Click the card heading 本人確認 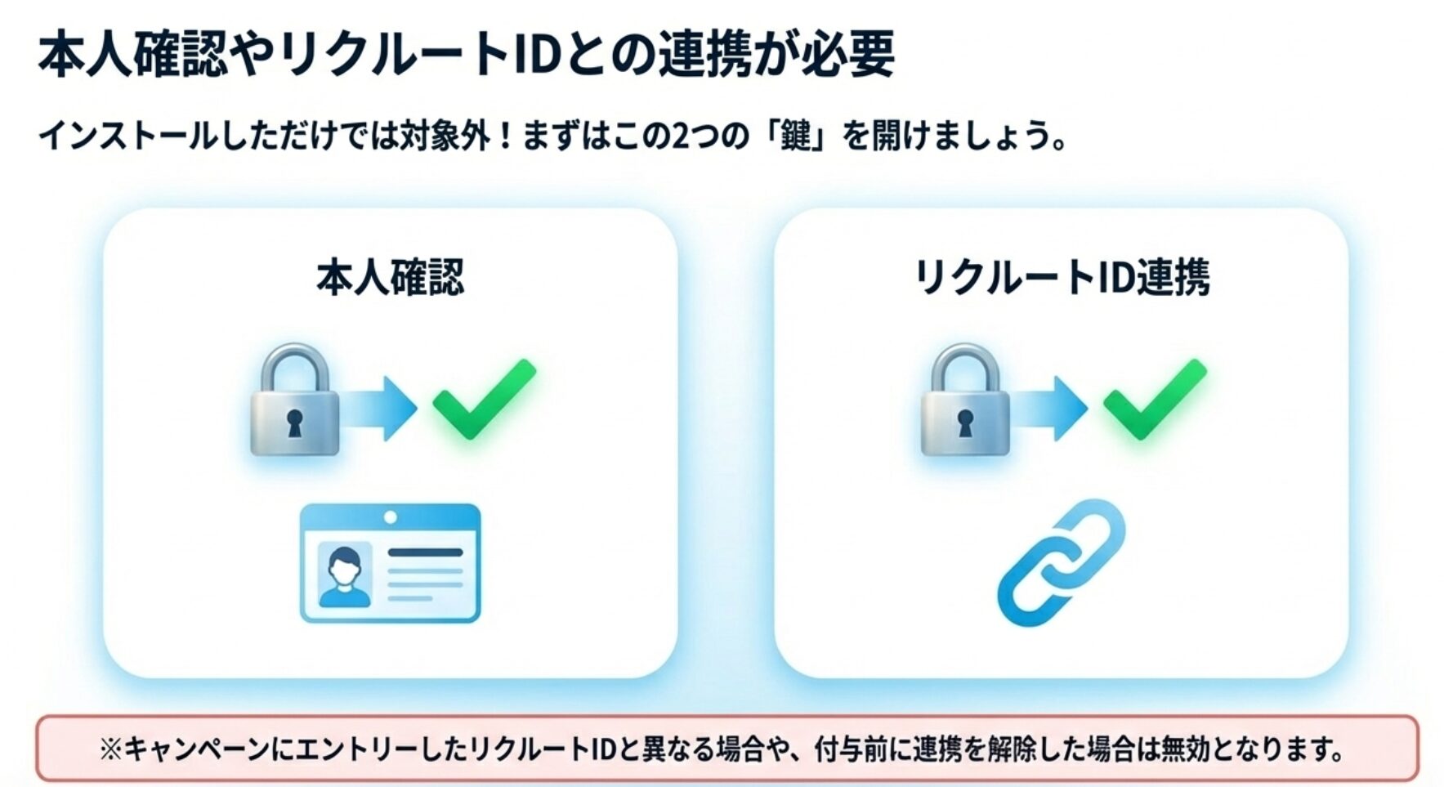tap(390, 277)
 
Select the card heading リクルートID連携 tap(1062, 277)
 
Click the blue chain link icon tap(1061, 563)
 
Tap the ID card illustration tap(390, 563)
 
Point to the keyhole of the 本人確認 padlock tap(294, 423)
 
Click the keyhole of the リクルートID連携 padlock tap(965, 423)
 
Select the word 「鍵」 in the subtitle tap(796, 135)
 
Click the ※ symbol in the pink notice tap(110, 749)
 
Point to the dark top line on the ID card tap(425, 552)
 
